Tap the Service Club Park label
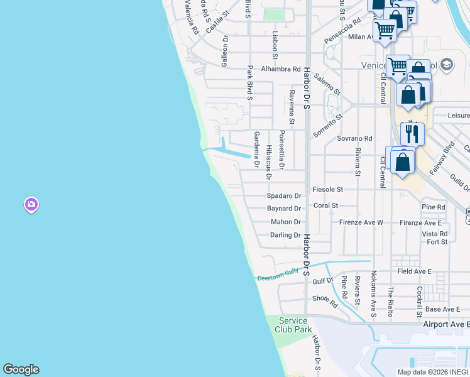[x=293, y=325]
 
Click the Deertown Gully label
[x=280, y=274]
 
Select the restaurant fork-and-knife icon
[x=412, y=133]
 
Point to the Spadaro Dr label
[x=284, y=196]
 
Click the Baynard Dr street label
[x=284, y=208]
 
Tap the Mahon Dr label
[x=286, y=222]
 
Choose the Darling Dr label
[x=285, y=235]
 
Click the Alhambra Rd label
[x=278, y=69]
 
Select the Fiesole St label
[x=328, y=189]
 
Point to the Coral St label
[x=326, y=205]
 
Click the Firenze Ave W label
[x=361, y=222]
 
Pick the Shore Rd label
[x=325, y=300]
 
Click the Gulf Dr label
[x=323, y=281]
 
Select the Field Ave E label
[x=415, y=271]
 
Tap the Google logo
[x=21, y=369]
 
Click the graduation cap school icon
[x=446, y=64]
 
